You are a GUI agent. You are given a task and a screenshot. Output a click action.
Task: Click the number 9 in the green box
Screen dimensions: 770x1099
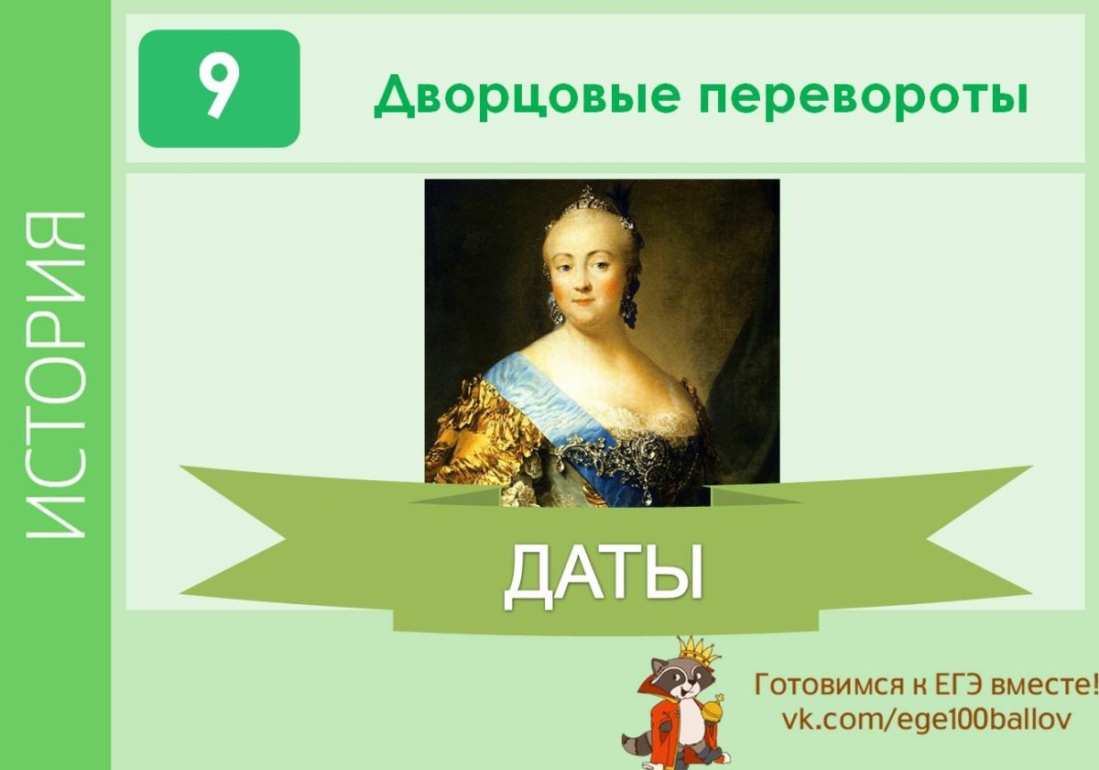click(219, 89)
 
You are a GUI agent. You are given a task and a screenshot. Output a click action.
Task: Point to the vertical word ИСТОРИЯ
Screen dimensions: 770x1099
click(56, 376)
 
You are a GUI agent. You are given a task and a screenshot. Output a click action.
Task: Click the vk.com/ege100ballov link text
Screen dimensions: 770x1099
click(925, 718)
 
